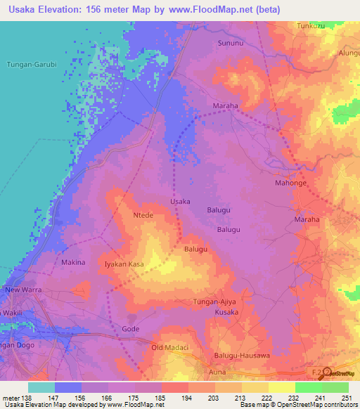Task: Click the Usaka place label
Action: coord(181,202)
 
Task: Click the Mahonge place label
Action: coord(289,183)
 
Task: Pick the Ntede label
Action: coord(143,216)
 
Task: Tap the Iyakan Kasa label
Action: coord(124,263)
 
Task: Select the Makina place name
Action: coord(73,262)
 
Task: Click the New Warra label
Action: coord(24,290)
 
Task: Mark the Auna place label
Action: coord(217,370)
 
